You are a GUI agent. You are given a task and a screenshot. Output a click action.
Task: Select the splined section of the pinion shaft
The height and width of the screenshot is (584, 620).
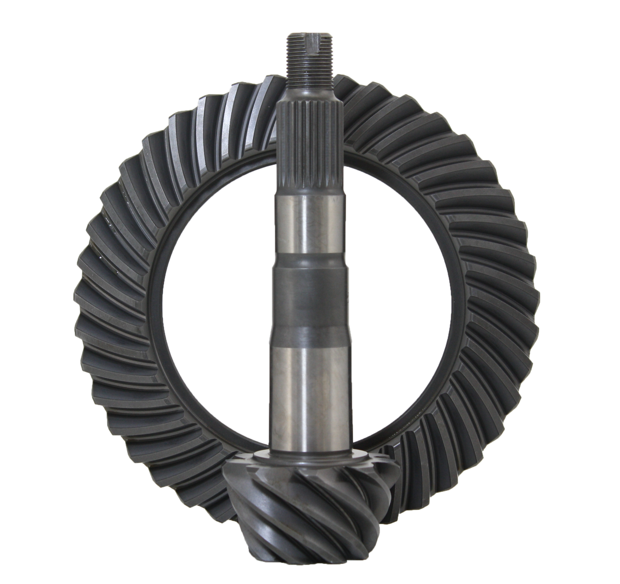(310, 145)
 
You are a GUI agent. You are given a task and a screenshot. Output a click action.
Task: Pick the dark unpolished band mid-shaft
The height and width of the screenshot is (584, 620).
(310, 295)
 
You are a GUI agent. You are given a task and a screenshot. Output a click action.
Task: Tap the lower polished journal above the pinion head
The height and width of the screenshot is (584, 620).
(310, 387)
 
